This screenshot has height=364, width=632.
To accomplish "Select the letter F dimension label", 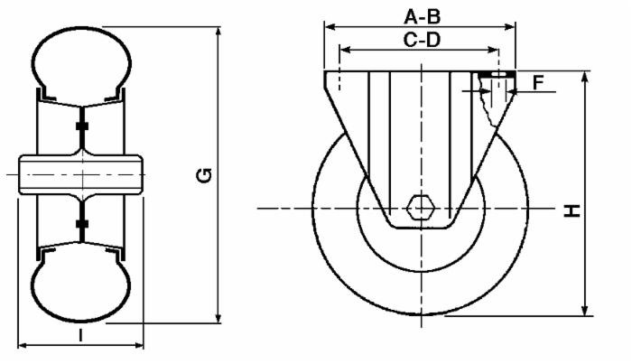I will tap(538, 83).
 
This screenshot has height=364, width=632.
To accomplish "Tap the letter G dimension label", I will tap(206, 175).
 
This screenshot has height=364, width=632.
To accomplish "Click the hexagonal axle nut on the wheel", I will tap(420, 208).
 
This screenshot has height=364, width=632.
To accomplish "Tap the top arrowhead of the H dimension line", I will tap(588, 75).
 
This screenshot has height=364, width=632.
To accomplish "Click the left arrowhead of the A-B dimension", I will tap(328, 26).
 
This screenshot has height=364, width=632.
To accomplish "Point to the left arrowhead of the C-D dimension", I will tap(342, 50).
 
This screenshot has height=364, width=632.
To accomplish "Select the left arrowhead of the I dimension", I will tap(23, 345).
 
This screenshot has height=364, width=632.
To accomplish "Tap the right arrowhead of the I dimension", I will tap(140, 345).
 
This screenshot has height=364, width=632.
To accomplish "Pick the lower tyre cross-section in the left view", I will tap(81, 287).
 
